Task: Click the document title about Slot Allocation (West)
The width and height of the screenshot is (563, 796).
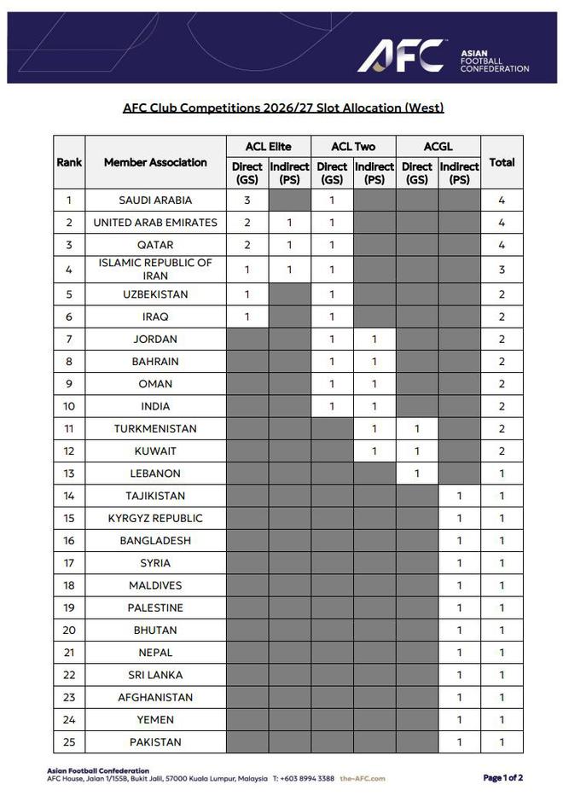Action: [x=283, y=107]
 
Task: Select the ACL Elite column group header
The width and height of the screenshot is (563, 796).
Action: [x=268, y=147]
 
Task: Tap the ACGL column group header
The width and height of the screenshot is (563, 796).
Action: [x=438, y=147]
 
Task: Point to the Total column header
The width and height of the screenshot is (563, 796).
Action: [x=502, y=162]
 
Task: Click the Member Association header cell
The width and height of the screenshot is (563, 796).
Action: [x=155, y=162]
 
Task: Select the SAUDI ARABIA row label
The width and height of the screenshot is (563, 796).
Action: [x=155, y=200]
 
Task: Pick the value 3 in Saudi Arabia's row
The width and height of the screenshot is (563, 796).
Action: [x=247, y=200]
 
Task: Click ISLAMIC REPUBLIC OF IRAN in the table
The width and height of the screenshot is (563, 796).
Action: [x=155, y=269]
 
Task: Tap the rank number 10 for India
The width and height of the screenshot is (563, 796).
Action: [x=69, y=406]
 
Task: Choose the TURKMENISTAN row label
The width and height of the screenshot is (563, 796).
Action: [x=155, y=428]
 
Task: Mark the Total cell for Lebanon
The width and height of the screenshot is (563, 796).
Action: [x=502, y=474]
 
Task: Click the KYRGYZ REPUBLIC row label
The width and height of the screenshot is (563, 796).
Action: [x=155, y=518]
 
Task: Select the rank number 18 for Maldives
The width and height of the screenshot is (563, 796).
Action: [x=69, y=585]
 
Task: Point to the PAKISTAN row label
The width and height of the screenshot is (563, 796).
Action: [x=155, y=742]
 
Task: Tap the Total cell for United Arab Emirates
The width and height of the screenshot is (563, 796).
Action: [x=502, y=223]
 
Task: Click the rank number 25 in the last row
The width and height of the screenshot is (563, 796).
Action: [x=69, y=742]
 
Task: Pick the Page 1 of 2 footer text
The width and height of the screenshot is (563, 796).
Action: [x=502, y=778]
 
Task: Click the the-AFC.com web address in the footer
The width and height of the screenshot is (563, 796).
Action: [x=363, y=779]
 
